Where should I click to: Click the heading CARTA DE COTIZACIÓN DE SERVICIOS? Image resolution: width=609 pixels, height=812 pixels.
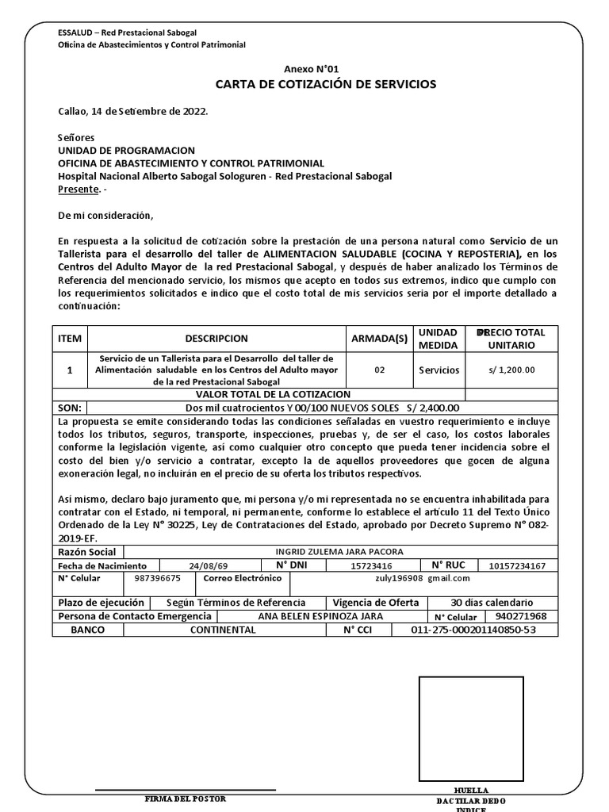click(326, 85)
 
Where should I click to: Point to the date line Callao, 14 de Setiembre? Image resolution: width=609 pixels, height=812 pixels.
click(133, 112)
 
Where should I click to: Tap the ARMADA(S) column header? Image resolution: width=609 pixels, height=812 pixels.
click(379, 339)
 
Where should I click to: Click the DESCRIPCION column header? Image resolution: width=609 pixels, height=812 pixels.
click(216, 339)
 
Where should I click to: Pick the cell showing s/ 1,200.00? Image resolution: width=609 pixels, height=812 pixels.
click(511, 370)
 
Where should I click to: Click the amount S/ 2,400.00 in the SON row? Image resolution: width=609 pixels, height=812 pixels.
click(432, 408)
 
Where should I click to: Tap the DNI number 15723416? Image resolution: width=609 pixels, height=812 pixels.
click(371, 566)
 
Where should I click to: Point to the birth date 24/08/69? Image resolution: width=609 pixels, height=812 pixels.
click(208, 566)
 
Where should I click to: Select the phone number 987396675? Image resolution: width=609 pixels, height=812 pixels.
click(158, 579)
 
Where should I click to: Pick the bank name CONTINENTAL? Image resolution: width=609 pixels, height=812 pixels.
click(223, 630)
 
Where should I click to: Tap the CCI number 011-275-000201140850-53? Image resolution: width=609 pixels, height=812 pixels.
click(473, 630)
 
